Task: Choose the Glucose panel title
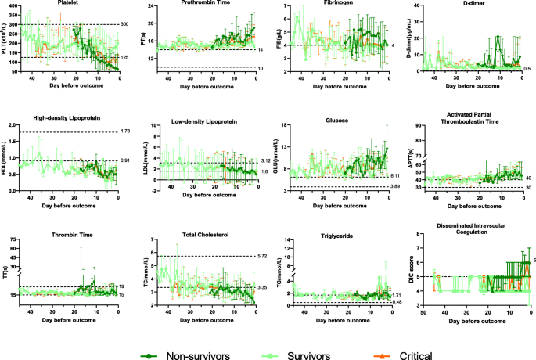(x=341, y=120)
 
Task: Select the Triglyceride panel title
(x=341, y=236)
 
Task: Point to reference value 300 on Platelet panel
(x=125, y=24)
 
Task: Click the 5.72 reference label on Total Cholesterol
(x=262, y=256)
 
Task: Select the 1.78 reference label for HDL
(x=125, y=131)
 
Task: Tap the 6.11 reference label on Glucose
(x=395, y=176)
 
